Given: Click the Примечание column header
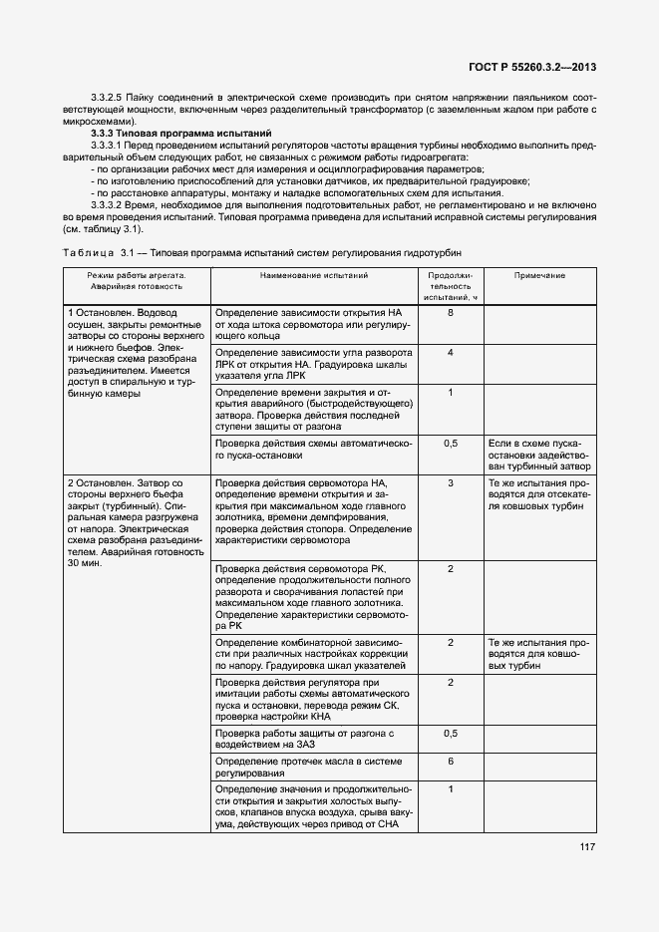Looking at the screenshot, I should (x=539, y=275).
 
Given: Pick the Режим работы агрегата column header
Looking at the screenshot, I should (x=136, y=280).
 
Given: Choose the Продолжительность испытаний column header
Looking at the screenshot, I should (x=451, y=285).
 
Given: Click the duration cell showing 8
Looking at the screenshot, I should (x=451, y=313).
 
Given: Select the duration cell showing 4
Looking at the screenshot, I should (x=451, y=353).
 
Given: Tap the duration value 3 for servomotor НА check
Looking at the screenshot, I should (x=451, y=482).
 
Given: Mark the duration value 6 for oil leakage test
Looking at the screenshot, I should (x=451, y=761).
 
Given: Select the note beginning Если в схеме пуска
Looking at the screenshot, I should (x=539, y=454).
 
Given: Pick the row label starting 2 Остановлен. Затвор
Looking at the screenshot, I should (x=136, y=522).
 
